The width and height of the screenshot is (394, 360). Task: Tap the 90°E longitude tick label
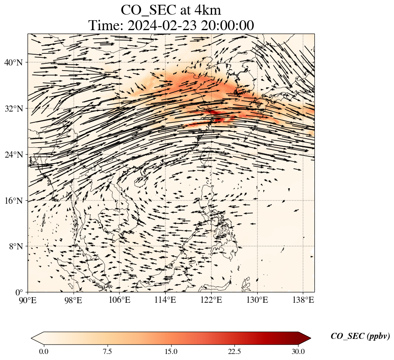pos(28,300)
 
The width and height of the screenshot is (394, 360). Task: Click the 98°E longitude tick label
pos(74,300)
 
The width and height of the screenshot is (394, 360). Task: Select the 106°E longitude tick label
pos(119,300)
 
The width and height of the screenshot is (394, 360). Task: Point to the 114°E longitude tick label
pos(165,300)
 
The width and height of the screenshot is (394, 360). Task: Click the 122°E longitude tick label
pos(211,300)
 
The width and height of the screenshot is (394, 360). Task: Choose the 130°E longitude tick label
pos(257,300)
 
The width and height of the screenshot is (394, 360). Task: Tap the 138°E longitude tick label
pos(303,300)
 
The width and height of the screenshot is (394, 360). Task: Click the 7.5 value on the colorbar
pos(107,352)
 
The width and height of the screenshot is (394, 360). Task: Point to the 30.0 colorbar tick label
pos(298,352)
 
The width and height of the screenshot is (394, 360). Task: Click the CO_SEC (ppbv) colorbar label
pos(360,337)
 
